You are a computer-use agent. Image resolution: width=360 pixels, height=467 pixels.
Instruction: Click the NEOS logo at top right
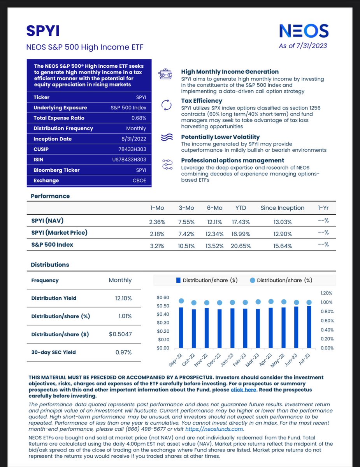(x=304, y=31)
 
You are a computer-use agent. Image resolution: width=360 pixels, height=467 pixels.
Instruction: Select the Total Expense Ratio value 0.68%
(x=139, y=118)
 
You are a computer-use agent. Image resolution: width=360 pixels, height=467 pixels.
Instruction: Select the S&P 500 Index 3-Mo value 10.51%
(x=186, y=246)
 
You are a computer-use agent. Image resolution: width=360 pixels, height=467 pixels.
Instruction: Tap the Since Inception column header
(x=282, y=208)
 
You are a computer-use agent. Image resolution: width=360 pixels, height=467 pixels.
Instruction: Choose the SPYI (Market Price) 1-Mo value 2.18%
(x=157, y=234)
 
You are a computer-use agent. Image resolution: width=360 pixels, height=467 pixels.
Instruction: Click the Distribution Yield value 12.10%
(x=123, y=298)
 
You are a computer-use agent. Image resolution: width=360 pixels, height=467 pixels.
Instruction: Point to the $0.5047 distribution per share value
(x=120, y=334)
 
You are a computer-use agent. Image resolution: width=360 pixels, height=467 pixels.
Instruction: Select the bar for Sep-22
(x=181, y=328)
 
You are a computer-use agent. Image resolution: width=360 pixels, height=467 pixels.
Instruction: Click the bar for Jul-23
(x=309, y=327)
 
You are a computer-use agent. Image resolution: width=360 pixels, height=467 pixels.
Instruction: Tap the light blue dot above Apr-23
(x=270, y=302)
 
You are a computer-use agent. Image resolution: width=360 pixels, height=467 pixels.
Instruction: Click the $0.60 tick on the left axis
(x=163, y=298)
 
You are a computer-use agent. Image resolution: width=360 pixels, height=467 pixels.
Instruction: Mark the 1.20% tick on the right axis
(x=327, y=293)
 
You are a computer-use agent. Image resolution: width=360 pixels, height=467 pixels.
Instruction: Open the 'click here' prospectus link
(x=243, y=390)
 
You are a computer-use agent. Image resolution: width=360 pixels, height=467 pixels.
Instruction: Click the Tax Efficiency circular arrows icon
(x=166, y=105)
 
